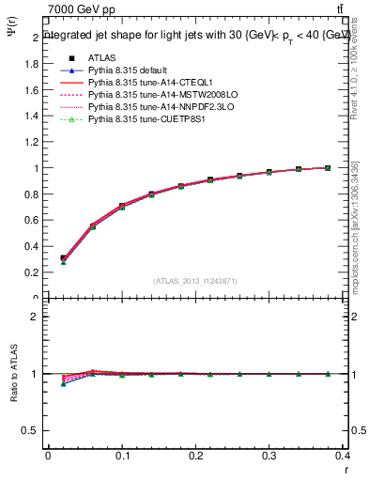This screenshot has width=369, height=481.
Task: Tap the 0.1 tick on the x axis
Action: [122, 457]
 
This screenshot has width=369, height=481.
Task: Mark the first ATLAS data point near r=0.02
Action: [63, 258]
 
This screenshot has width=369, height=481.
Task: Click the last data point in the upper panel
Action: [327, 168]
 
